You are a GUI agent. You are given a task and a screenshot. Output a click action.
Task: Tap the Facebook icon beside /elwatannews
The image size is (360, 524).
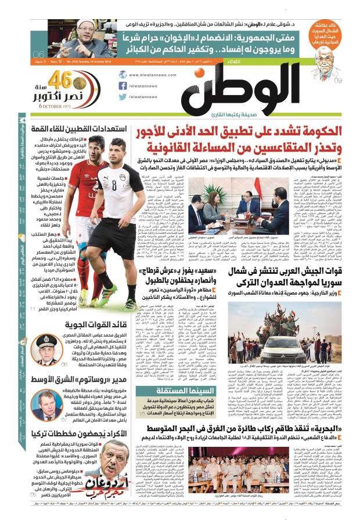123,85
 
